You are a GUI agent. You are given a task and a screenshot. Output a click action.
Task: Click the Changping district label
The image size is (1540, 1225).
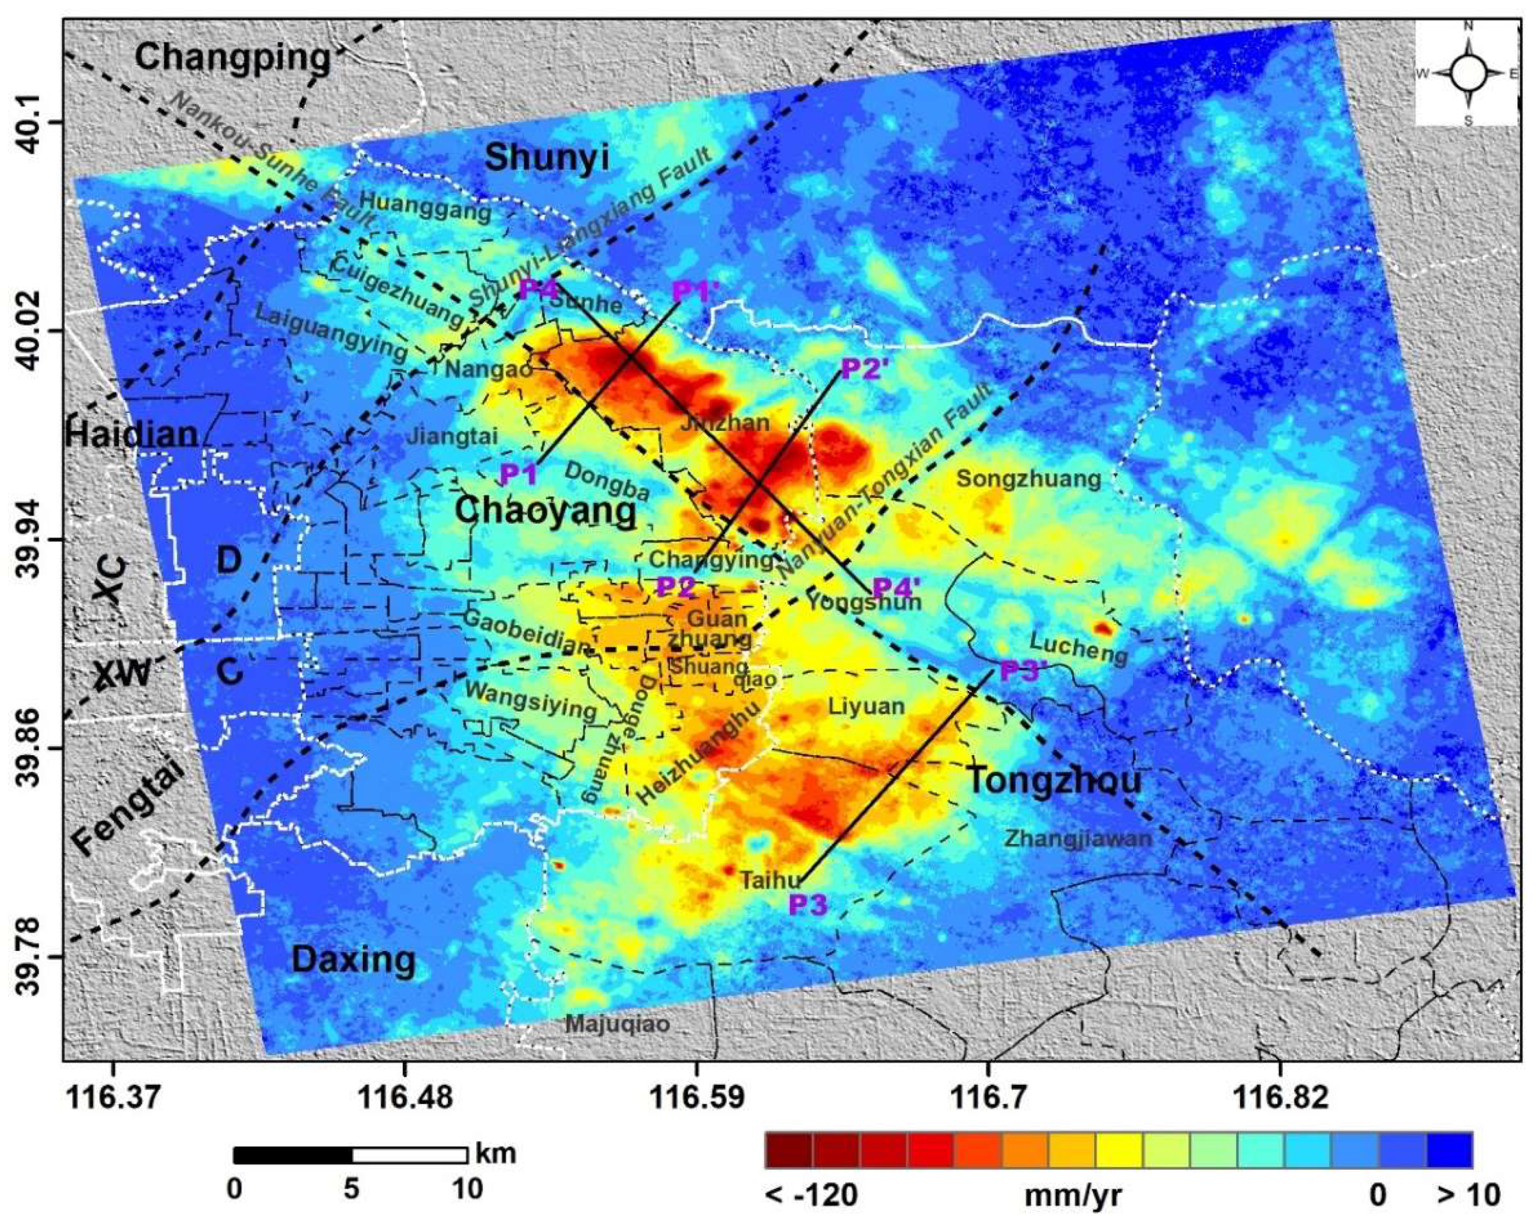pyautogui.click(x=233, y=57)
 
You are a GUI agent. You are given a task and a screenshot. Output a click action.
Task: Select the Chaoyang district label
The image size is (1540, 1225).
pyautogui.click(x=546, y=511)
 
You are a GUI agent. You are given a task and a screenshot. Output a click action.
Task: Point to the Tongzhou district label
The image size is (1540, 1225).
pyautogui.click(x=1054, y=781)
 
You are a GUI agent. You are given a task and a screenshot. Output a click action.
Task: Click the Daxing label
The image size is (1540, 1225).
pyautogui.click(x=354, y=960)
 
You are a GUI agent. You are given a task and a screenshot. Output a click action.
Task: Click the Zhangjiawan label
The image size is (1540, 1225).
pyautogui.click(x=1079, y=838)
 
